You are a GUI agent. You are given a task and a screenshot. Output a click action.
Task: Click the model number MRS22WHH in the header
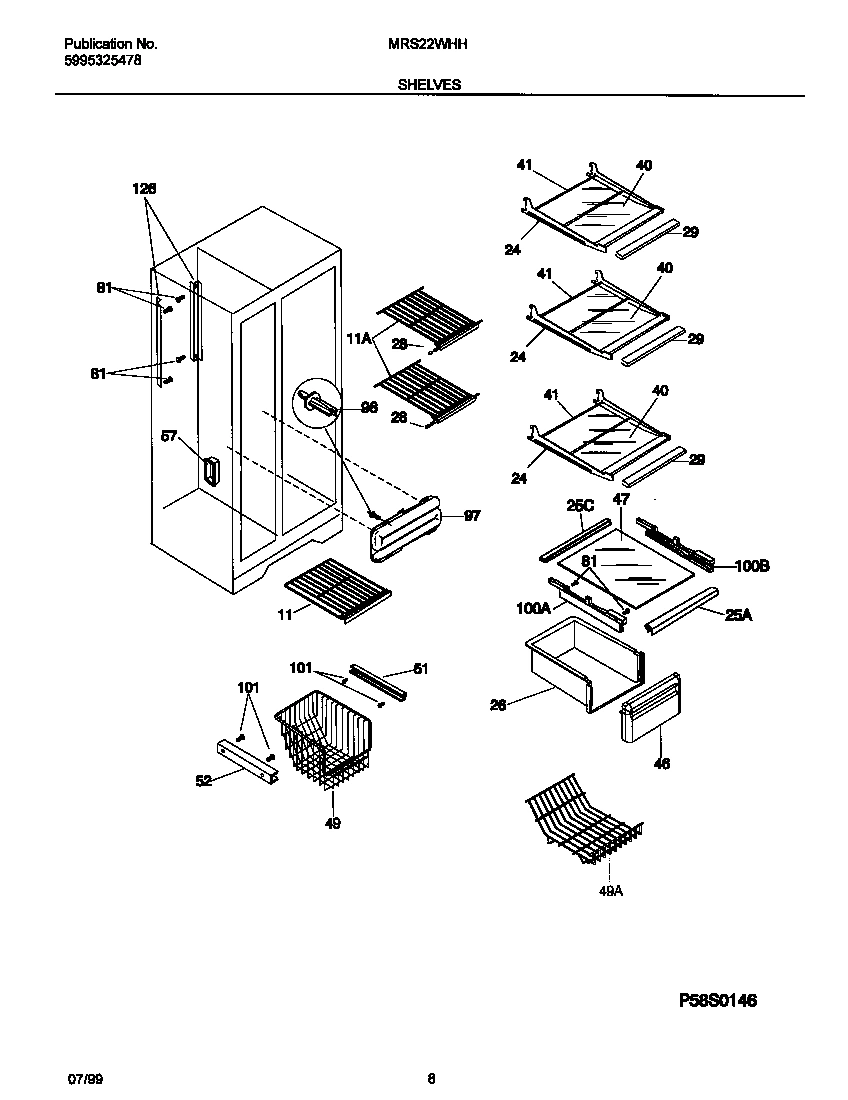428,45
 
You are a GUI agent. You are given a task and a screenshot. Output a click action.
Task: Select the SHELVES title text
429,86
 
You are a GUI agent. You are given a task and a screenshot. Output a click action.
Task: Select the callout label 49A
610,891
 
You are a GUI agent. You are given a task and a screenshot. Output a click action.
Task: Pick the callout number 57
169,436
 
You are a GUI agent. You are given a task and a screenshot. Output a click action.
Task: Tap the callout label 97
472,516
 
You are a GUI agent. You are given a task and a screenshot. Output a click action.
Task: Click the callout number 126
144,188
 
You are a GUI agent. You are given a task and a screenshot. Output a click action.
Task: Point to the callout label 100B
751,566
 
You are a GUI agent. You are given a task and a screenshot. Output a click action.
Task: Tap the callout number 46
661,764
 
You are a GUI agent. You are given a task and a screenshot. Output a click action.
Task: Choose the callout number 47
620,498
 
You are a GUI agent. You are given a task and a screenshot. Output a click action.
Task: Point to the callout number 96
369,408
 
